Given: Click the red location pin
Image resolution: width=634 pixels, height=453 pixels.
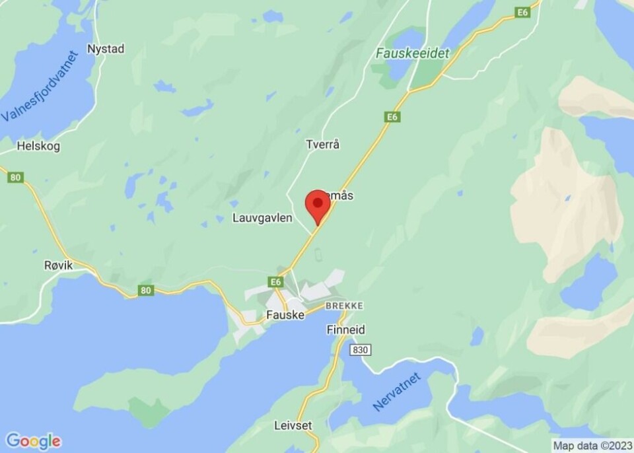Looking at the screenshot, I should point(318,205).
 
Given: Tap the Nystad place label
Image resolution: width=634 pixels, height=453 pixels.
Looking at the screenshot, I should point(106,49).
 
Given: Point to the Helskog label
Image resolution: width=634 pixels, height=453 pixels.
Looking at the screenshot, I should point(38,146).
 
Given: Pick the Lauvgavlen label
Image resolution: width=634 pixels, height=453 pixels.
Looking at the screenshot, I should point(262,217).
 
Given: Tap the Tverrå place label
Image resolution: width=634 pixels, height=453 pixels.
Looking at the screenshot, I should point(322,144).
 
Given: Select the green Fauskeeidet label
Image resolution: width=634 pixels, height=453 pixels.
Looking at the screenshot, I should point(412,53).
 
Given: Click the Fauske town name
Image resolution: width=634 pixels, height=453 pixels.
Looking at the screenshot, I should point(285,315).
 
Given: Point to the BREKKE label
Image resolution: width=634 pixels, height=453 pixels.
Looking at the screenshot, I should point(344,306).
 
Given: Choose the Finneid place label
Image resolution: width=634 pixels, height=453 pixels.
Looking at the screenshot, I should point(345,330).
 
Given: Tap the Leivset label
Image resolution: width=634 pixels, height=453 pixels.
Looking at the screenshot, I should point(293,425).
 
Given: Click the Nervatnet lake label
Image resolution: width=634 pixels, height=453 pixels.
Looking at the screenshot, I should point(396,391).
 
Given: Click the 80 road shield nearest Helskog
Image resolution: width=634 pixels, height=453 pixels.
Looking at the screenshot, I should point(17,177).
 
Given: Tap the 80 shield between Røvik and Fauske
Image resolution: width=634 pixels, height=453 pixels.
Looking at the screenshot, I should point(146,289).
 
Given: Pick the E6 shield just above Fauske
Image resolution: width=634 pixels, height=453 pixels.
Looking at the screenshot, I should point(276,282).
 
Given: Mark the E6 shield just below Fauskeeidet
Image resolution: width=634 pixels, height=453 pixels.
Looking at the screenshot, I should point(393,117).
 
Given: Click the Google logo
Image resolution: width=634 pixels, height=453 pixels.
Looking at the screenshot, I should point(33,441).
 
